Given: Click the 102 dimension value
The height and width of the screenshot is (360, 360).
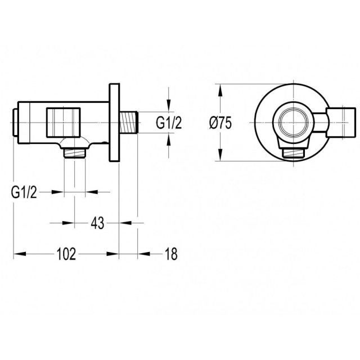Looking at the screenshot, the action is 66,254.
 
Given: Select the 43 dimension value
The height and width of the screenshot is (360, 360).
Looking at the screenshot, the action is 97,223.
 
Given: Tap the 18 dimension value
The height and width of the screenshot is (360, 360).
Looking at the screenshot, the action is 171,254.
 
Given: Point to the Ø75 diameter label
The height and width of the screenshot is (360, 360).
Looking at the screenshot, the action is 220,123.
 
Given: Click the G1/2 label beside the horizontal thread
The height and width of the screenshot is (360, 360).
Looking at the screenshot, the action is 169,123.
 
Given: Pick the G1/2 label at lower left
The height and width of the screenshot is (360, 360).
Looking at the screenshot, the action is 24,192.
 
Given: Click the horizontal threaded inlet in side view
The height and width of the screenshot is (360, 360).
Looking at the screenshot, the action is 129,123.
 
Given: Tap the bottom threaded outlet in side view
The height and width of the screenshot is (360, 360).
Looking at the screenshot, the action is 75,153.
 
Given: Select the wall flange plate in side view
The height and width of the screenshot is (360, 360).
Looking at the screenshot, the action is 114,123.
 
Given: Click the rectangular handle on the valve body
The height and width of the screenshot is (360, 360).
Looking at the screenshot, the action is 64,123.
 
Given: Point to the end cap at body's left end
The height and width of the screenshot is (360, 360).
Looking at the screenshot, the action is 15,123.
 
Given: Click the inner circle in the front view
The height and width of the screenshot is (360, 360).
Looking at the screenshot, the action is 294,123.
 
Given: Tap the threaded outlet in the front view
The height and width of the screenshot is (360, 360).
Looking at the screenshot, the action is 294,153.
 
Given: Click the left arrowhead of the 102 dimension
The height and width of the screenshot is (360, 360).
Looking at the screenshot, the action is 20,254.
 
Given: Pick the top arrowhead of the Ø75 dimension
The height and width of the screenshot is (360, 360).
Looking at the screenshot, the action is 220,90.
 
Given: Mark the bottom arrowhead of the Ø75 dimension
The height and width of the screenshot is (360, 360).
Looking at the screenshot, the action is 220,155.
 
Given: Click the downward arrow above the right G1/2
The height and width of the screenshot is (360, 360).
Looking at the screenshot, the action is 169,105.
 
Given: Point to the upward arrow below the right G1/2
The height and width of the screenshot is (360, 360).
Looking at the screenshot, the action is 169,139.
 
